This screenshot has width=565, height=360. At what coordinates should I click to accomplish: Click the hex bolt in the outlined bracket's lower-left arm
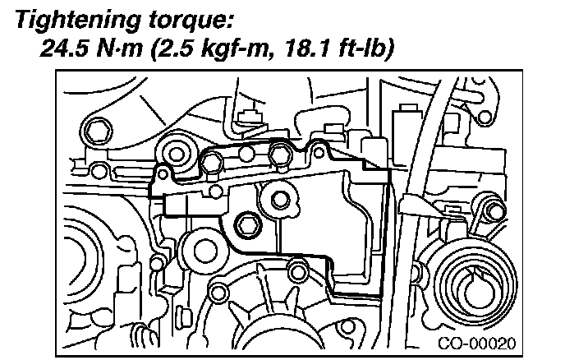(247, 222)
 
